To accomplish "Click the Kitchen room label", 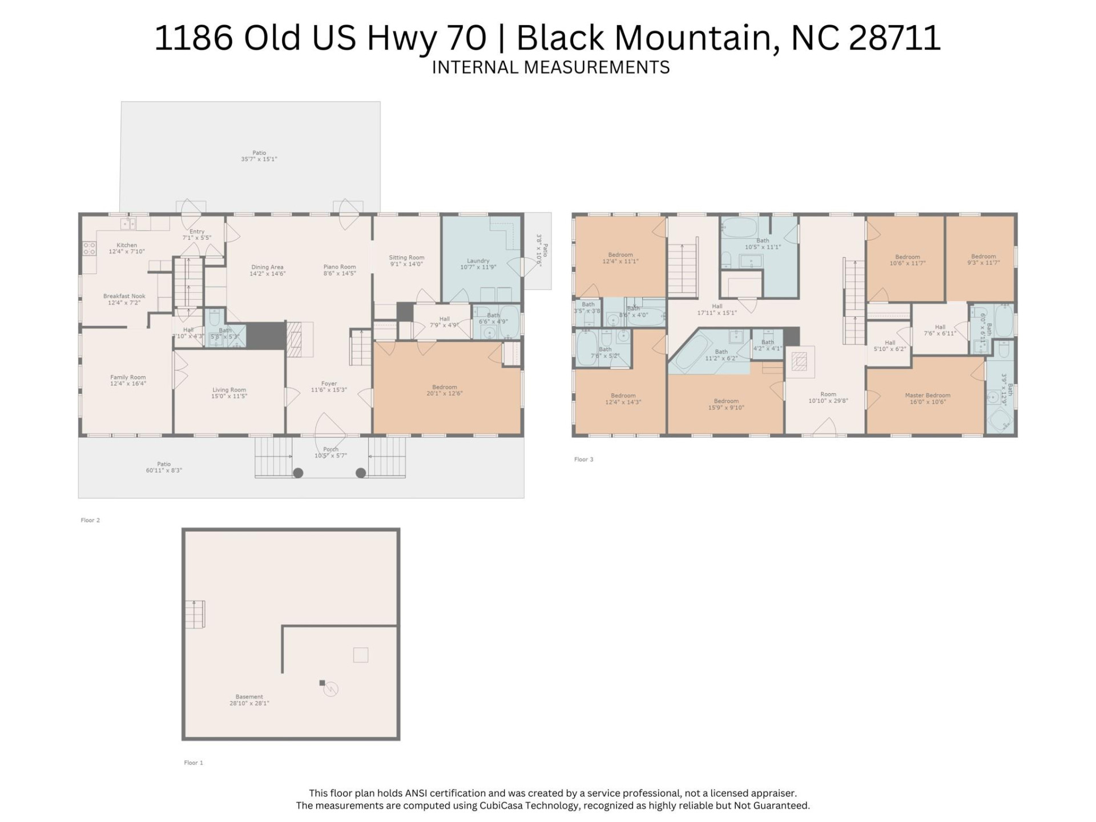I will (x=127, y=248).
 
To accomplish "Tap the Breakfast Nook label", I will (x=124, y=299).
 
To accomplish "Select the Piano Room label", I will (x=339, y=270).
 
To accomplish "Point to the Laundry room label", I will (x=478, y=264).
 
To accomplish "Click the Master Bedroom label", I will (x=927, y=398).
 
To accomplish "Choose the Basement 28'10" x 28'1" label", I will (x=249, y=700).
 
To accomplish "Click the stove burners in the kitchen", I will (x=90, y=248).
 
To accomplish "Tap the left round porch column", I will (x=298, y=473).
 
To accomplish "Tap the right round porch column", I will (x=361, y=473).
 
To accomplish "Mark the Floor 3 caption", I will (x=583, y=459).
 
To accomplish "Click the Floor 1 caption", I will (x=193, y=763).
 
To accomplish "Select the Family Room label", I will (x=128, y=380).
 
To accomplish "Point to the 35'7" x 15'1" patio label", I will (x=259, y=156).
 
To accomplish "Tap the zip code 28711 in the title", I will (x=894, y=38).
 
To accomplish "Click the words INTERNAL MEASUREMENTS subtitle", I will (x=550, y=67).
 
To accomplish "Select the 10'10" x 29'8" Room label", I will (x=828, y=397).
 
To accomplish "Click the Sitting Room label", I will (x=406, y=260).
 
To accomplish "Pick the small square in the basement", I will (x=360, y=655).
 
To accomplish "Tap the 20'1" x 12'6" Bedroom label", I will (x=444, y=390).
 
